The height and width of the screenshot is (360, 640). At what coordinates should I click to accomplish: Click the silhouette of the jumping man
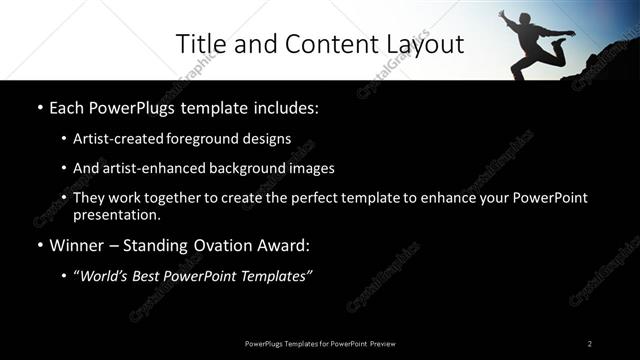click(x=535, y=42)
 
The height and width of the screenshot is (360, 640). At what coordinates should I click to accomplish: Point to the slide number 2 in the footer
click(x=590, y=343)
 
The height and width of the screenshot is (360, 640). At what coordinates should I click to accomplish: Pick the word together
click(x=166, y=198)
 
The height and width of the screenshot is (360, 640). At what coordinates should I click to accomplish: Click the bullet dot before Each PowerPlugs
click(x=38, y=106)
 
